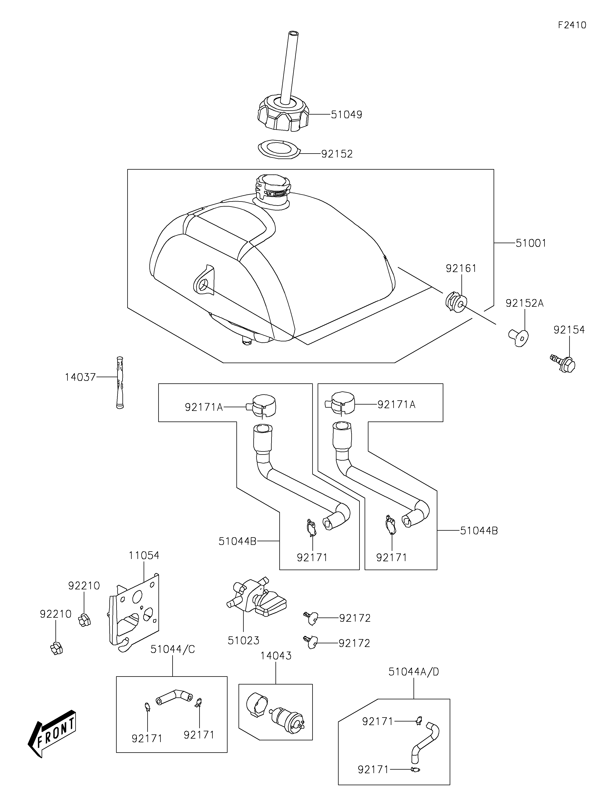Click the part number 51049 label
point(346,115)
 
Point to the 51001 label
point(531,243)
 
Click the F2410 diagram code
point(572,25)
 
